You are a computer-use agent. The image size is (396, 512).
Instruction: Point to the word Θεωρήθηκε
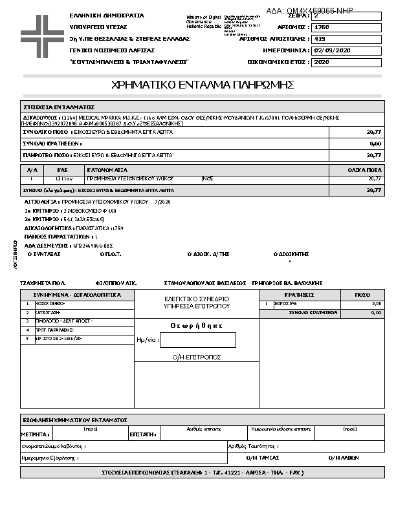pyautogui.click(x=197, y=326)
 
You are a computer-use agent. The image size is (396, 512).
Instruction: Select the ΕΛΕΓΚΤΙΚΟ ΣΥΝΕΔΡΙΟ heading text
pyautogui.click(x=197, y=299)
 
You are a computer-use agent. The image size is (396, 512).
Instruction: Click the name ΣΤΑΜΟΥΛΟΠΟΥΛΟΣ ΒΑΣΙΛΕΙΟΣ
pyautogui.click(x=205, y=283)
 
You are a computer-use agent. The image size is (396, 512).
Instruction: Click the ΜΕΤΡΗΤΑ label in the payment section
pyautogui.click(x=35, y=435)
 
